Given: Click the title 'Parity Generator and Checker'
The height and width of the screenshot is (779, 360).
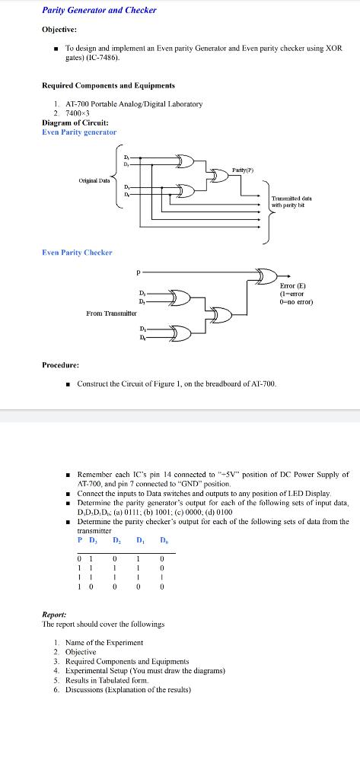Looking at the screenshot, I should tap(99, 10).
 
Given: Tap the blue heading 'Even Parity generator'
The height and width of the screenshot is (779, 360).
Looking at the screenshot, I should tap(79, 132).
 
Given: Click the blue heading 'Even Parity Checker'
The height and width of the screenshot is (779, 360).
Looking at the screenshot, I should tap(77, 252).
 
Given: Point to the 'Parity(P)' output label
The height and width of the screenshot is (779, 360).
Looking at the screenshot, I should tap(244, 169).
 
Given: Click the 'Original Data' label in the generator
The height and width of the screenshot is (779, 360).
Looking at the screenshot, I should tap(94, 180).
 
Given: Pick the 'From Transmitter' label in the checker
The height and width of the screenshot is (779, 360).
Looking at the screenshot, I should tap(111, 313).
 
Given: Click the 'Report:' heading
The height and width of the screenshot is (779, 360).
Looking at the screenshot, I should tap(54, 612).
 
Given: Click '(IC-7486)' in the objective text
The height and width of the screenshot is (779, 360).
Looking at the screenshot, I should tap(103, 58).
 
